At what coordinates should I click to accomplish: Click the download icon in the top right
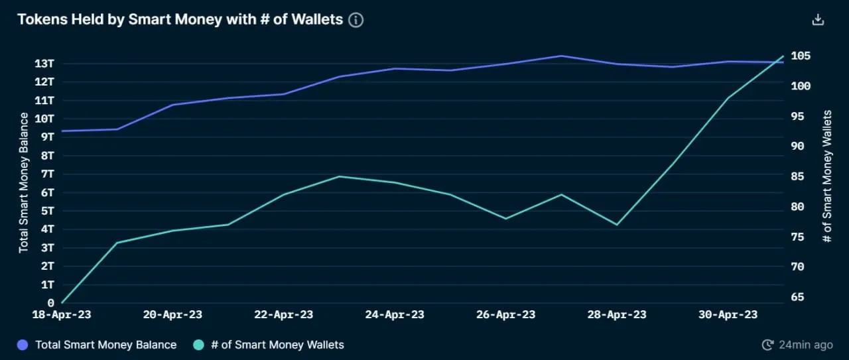(x=818, y=20)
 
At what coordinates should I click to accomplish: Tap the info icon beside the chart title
(x=356, y=20)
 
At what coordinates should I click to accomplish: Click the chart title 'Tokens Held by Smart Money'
(x=180, y=20)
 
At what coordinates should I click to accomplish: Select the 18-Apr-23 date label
(x=62, y=315)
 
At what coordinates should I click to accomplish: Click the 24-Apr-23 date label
(x=395, y=315)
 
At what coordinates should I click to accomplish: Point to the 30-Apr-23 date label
(x=728, y=315)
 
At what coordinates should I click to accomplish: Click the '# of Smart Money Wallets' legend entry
(x=269, y=345)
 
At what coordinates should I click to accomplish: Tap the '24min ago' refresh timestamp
(x=797, y=345)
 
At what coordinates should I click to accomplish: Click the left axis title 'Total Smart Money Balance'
(x=24, y=182)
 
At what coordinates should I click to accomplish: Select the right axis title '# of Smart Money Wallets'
(x=827, y=176)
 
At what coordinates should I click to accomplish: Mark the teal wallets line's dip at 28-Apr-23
(x=617, y=225)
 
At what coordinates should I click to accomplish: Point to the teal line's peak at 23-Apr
(x=340, y=176)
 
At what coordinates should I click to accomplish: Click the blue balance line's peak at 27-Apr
(x=561, y=56)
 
